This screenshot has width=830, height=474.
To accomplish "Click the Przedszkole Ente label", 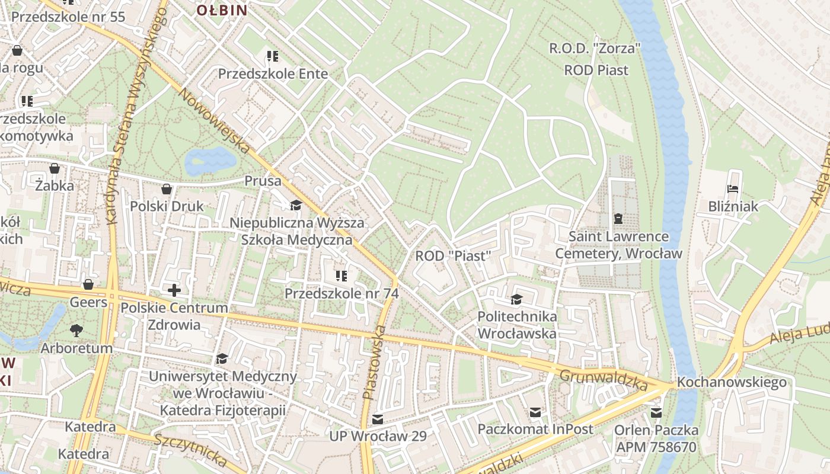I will click(x=273, y=73).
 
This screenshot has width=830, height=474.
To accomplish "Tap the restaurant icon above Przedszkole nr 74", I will click(x=341, y=276).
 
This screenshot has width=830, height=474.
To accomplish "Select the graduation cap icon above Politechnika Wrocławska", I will click(x=516, y=299).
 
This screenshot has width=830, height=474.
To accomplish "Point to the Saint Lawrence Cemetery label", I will click(x=618, y=245).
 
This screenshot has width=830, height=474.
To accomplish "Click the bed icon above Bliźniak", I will click(x=733, y=190).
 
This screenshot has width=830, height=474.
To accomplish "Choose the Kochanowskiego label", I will click(x=732, y=382).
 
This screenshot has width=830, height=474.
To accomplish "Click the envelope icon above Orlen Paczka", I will click(x=656, y=413).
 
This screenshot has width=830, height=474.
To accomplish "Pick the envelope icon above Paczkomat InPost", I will click(x=535, y=412).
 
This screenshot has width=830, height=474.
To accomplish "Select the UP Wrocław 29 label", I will click(x=378, y=436).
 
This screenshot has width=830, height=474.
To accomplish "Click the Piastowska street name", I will click(x=374, y=362).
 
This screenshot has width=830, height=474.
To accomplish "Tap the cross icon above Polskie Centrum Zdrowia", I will click(x=174, y=290).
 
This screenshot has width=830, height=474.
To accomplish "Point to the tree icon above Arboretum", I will click(x=76, y=330).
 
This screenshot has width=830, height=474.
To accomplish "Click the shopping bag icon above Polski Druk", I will click(x=167, y=189).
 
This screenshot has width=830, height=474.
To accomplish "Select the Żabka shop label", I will click(x=54, y=185).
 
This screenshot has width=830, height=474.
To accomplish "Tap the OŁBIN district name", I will click(x=221, y=9).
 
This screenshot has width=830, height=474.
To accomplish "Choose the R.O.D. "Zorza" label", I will click(x=595, y=49).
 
